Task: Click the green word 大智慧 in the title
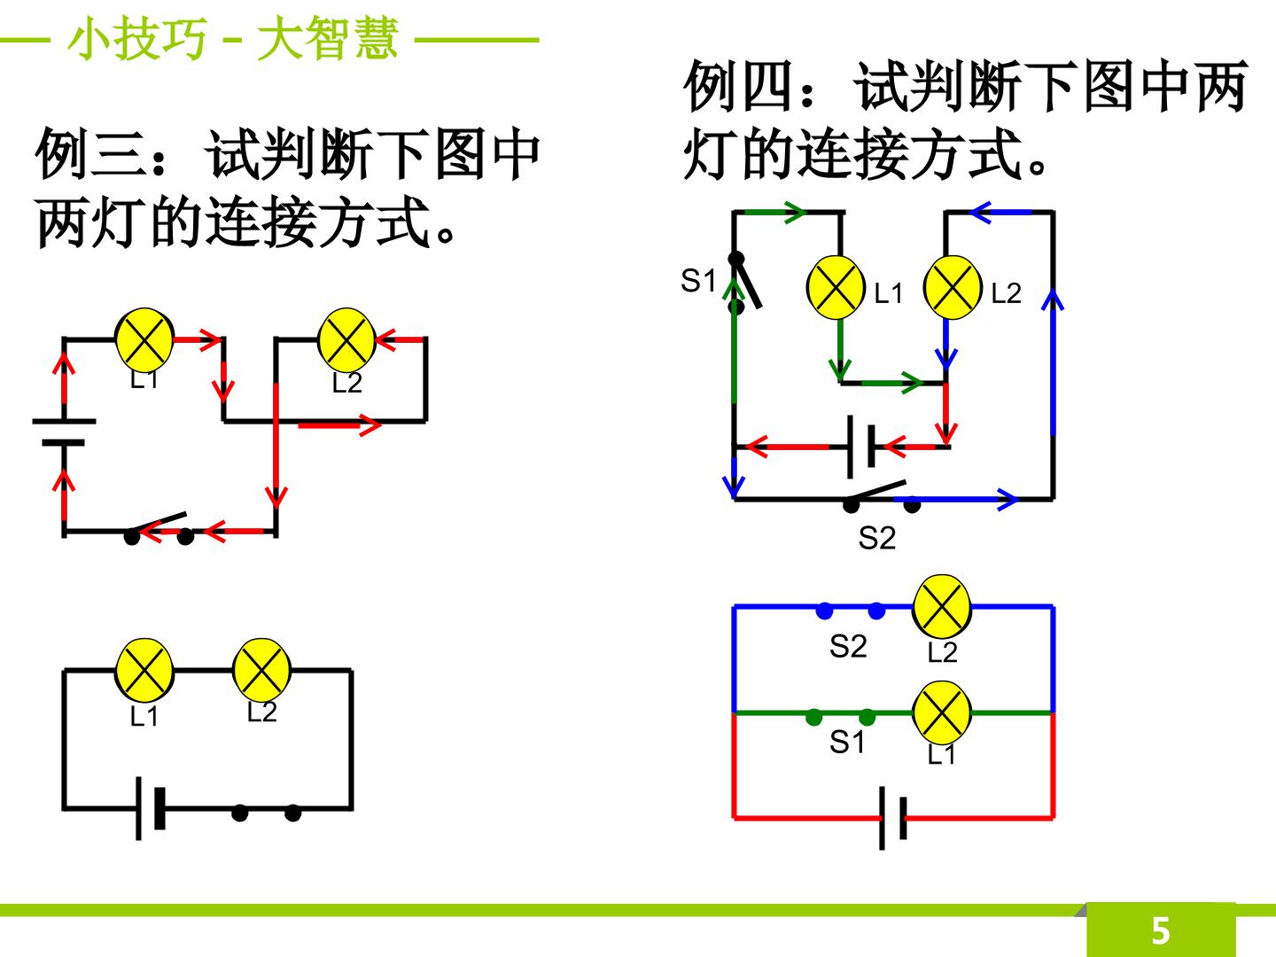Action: click(x=327, y=38)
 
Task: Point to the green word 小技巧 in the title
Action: click(x=137, y=38)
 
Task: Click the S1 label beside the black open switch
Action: click(x=698, y=281)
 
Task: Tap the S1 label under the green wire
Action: click(x=846, y=742)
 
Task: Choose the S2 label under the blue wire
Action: click(x=848, y=646)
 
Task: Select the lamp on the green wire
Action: click(x=942, y=712)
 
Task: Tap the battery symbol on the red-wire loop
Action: click(x=892, y=818)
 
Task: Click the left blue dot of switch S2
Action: click(x=824, y=611)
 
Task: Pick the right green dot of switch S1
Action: click(x=867, y=717)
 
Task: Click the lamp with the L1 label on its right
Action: click(x=836, y=288)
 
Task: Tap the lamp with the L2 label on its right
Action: click(x=953, y=288)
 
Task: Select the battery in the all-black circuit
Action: click(x=150, y=808)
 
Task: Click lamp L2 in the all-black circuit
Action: click(x=261, y=670)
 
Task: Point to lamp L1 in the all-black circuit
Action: click(x=144, y=670)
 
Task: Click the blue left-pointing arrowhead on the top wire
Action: click(x=980, y=213)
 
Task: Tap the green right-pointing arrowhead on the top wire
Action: click(x=794, y=213)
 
